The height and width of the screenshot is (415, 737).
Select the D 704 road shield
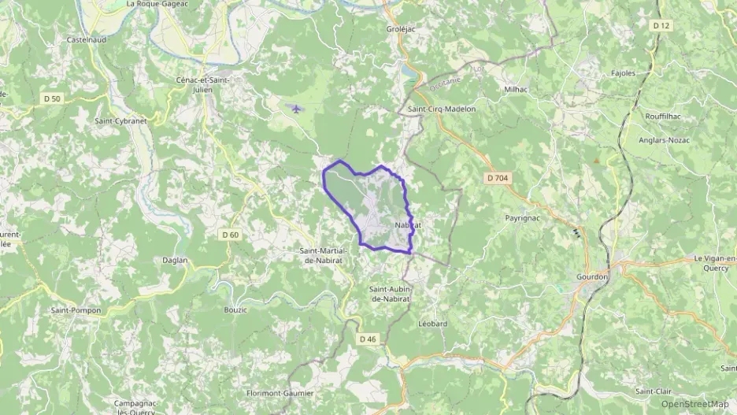pyautogui.click(x=498, y=179)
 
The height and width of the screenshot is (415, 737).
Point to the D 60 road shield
pyautogui.click(x=230, y=235)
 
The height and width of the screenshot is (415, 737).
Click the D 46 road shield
pyautogui.click(x=368, y=339)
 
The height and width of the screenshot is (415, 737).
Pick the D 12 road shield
pyautogui.click(x=661, y=25)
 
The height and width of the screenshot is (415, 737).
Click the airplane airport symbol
pyautogui.click(x=295, y=108)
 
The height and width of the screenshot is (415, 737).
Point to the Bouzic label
pyautogui.click(x=235, y=309)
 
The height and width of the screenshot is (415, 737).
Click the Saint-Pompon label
pyautogui.click(x=76, y=310)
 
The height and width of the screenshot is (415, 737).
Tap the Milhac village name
pyautogui.click(x=516, y=90)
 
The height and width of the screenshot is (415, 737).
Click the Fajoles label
pyautogui.click(x=623, y=73)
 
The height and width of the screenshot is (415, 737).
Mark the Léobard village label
pyautogui.click(x=432, y=324)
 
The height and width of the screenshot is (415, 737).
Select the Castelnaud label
pyautogui.click(x=87, y=39)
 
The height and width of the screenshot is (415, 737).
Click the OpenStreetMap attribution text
pyautogui.click(x=694, y=404)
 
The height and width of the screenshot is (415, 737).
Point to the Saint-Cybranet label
pyautogui.click(x=121, y=121)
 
